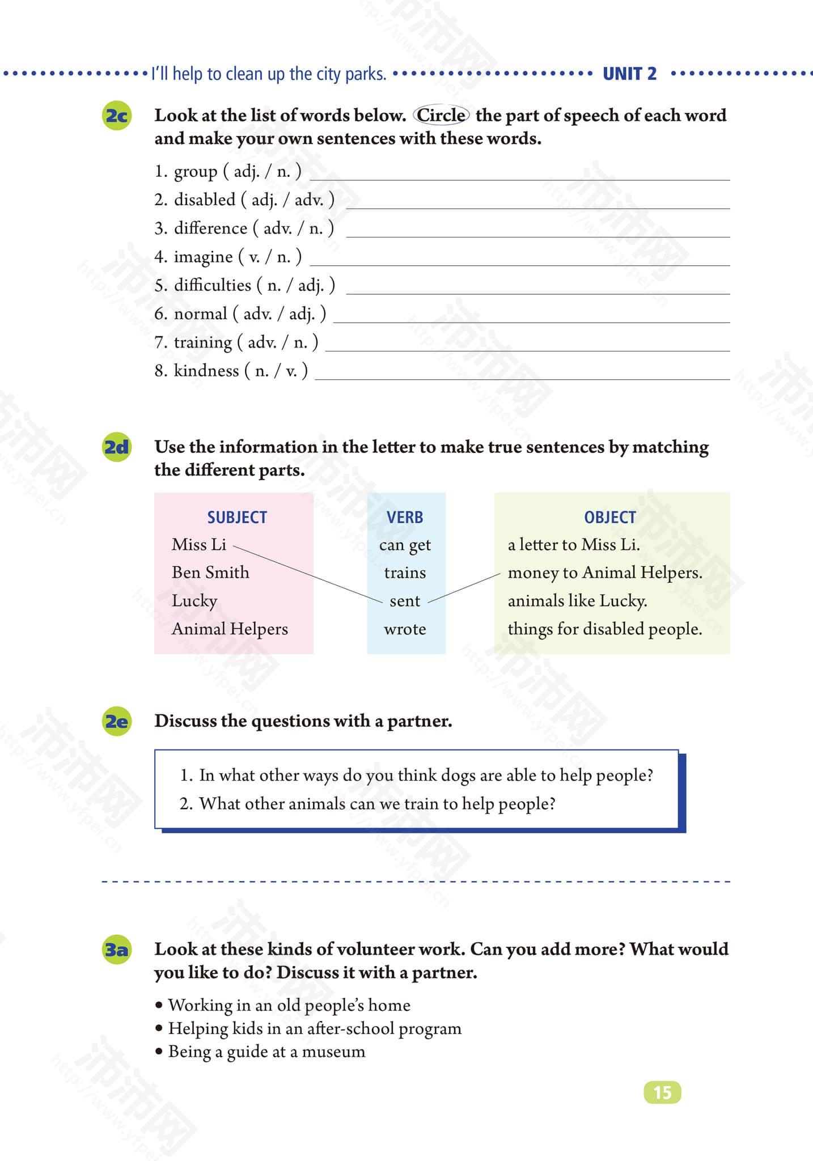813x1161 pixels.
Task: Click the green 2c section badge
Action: [x=117, y=116]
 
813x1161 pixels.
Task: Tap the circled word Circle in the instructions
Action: [x=441, y=115]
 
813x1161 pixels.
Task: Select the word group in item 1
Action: [x=195, y=171]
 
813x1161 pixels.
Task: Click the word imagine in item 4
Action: [x=203, y=257]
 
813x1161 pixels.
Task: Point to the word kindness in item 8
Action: [x=206, y=371]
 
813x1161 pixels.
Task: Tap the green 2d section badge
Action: [x=117, y=447]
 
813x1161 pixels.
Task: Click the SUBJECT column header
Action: [x=236, y=517]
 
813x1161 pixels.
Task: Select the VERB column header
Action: [x=405, y=517]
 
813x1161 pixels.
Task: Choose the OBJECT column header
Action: [x=610, y=517]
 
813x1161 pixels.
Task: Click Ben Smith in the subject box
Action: [x=210, y=573]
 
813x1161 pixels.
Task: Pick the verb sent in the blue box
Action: [x=405, y=601]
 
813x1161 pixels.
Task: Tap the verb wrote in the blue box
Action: [x=405, y=629]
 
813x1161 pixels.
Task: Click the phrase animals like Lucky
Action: [x=577, y=601]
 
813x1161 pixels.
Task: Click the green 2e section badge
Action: [x=117, y=722]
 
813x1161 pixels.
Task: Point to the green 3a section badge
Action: [x=117, y=950]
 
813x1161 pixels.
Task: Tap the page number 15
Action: [x=662, y=1092]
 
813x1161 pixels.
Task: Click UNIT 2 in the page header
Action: [x=629, y=74]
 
